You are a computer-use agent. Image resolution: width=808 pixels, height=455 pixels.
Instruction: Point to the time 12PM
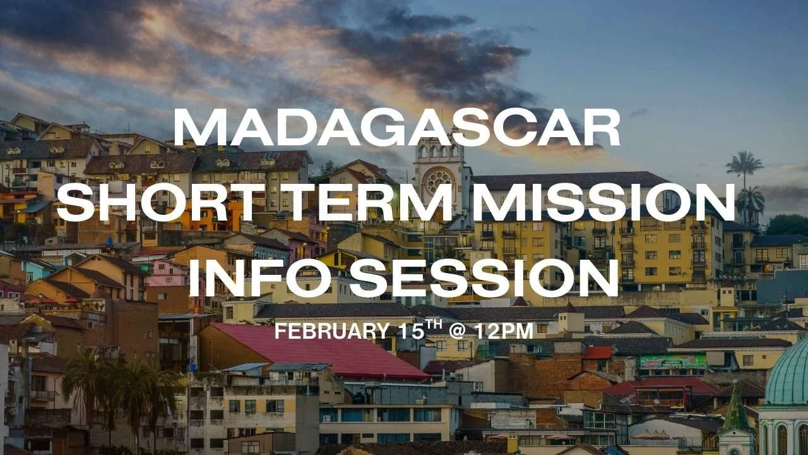click(504, 331)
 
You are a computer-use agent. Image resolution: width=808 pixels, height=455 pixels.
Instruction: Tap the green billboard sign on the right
click(673, 361)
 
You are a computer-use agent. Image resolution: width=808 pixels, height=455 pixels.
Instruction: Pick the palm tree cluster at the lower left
click(120, 385)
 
